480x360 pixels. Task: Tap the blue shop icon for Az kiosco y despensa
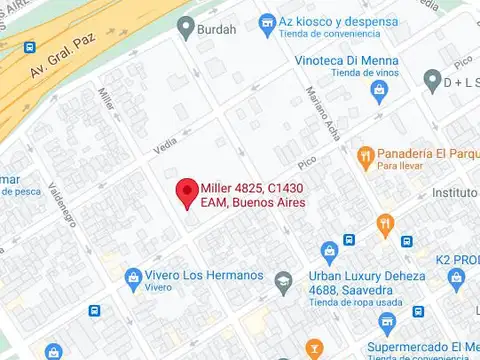point(267,22)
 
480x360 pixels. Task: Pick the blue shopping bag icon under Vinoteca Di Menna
point(378,92)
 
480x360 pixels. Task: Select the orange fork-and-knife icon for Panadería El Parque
point(366,157)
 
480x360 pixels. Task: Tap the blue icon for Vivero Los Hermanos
point(132,276)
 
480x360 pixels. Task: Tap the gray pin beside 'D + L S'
point(432,78)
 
